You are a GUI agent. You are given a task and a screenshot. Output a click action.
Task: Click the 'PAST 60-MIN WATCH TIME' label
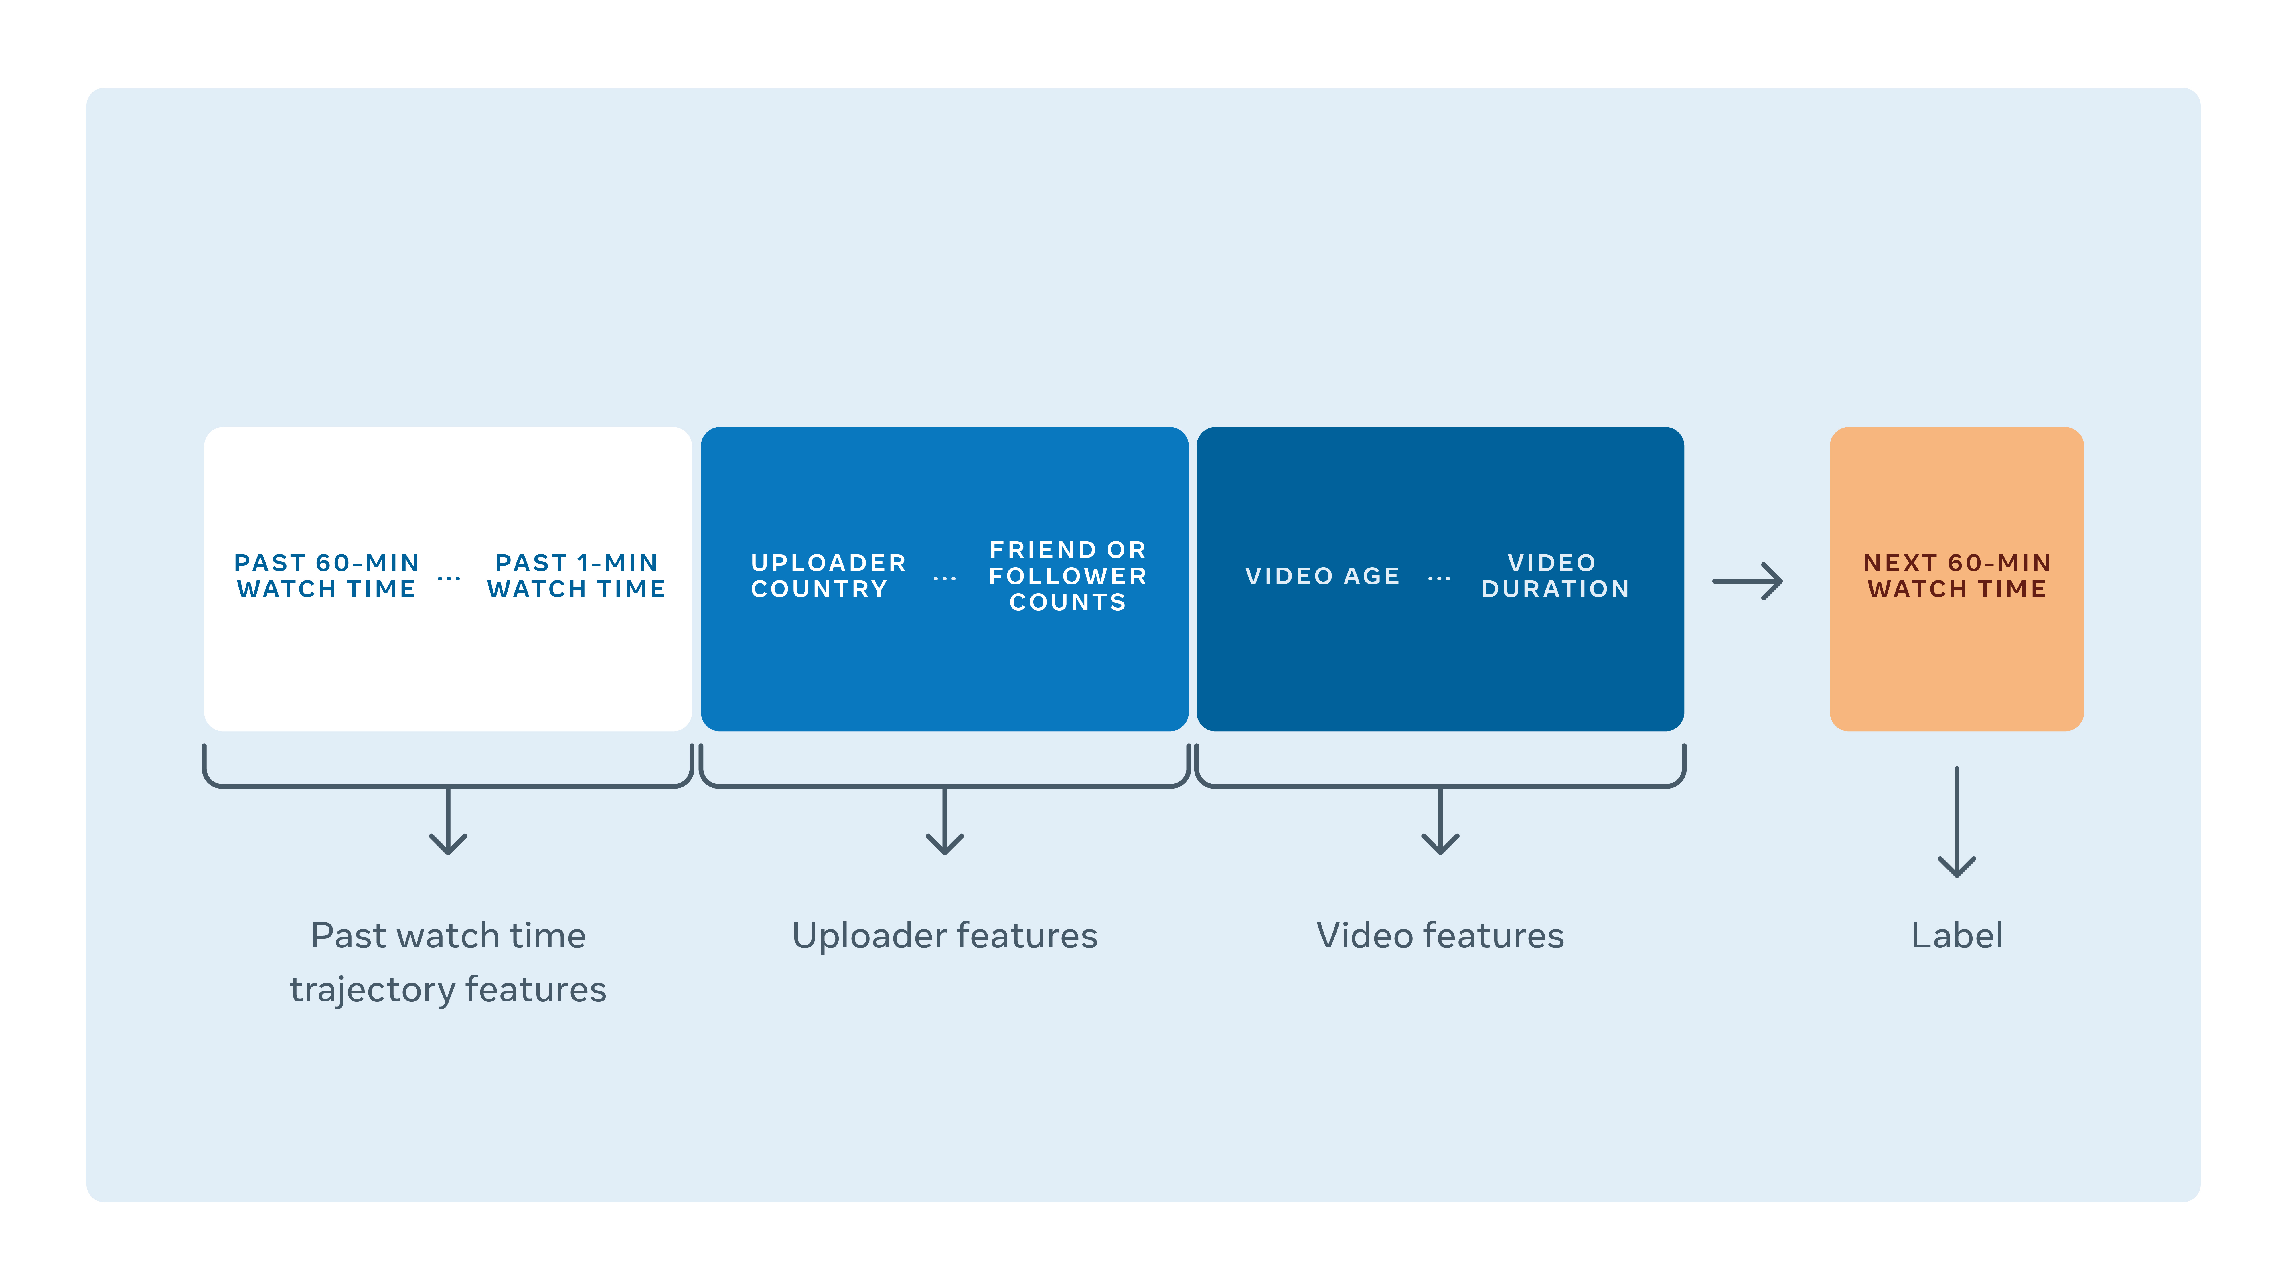pyautogui.click(x=326, y=576)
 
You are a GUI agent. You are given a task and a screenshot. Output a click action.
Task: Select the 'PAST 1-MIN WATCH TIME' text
pyautogui.click(x=576, y=576)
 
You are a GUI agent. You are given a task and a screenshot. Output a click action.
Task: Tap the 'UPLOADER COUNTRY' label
pyautogui.click(x=828, y=576)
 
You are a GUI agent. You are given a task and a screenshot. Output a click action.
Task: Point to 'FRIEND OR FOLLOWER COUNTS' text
pyautogui.click(x=1068, y=576)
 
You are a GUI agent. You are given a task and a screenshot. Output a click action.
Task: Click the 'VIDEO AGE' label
pyautogui.click(x=1322, y=576)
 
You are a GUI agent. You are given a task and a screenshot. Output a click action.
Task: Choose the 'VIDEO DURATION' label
pyautogui.click(x=1555, y=576)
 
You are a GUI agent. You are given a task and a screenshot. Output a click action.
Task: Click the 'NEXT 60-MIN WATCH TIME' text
pyautogui.click(x=1957, y=576)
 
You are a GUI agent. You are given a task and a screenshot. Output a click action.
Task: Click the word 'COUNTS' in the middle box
pyautogui.click(x=1068, y=603)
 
